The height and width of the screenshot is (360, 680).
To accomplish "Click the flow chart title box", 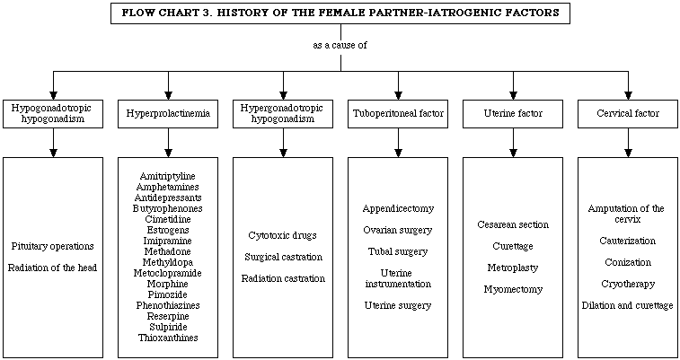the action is tap(340, 13).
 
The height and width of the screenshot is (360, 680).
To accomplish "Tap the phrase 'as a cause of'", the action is tap(340, 45).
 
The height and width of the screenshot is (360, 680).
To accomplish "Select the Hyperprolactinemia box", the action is tap(168, 113).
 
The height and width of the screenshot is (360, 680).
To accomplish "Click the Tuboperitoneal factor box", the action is tap(398, 113).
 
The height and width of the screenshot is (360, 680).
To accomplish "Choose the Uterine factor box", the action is tap(513, 113).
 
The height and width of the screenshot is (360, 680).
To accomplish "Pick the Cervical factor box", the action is tap(628, 113).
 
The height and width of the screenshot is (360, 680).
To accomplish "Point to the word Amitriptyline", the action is tap(167, 176).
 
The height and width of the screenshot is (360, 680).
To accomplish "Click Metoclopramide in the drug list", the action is tap(167, 273).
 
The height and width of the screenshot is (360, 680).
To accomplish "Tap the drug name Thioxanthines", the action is tap(168, 338).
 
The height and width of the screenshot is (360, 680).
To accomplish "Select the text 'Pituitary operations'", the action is tap(52, 246).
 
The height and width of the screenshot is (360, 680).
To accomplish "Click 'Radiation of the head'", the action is tap(52, 268).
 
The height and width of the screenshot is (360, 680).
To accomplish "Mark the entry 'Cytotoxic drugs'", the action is tap(282, 236).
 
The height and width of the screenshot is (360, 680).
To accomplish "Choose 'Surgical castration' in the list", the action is tap(283, 257).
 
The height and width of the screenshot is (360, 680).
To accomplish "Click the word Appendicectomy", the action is tap(398, 208).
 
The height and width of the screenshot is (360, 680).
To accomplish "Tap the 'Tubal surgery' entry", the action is tap(398, 251).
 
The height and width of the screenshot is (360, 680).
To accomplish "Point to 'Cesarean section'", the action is tap(513, 224).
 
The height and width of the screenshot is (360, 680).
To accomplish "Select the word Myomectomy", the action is tap(513, 289).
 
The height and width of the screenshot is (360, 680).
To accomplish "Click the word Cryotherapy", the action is tap(628, 285).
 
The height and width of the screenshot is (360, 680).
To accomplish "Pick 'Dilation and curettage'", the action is tap(628, 305).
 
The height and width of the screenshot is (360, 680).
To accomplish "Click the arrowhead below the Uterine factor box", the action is tap(513, 153).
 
